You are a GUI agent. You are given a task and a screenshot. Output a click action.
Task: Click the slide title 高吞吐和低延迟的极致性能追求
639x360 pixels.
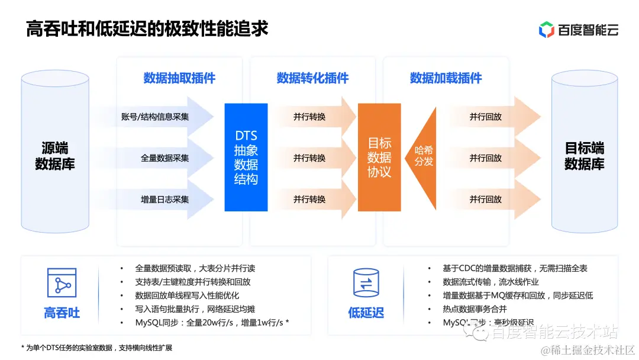pos(147,28)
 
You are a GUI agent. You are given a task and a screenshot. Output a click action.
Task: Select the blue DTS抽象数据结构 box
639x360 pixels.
pos(246,157)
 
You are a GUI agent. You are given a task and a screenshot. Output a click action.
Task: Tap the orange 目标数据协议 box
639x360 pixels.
pos(379,157)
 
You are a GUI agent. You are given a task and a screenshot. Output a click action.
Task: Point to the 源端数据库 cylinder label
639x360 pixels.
pos(55,156)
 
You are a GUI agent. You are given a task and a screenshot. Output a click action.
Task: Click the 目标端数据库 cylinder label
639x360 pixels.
pos(584,156)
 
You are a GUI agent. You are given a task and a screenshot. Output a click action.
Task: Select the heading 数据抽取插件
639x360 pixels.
pos(179,78)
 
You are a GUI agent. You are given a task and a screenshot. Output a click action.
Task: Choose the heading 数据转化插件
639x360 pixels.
pos(312,78)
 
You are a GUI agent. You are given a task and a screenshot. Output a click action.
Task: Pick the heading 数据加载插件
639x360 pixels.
pos(446,78)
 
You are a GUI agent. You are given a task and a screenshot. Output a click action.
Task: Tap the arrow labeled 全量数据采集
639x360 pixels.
pos(166,158)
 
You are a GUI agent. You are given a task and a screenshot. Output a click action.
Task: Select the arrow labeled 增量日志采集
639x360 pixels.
pos(166,200)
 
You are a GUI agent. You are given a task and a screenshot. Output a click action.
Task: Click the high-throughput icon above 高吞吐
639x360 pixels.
pos(62,283)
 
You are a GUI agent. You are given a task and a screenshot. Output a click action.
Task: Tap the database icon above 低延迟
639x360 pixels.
pos(366,283)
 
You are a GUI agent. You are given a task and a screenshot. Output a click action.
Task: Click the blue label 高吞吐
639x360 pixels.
pos(62,313)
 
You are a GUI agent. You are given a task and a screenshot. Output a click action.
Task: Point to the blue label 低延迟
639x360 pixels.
pos(366,313)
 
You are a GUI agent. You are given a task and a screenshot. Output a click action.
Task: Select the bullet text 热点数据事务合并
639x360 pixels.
pos(475,309)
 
